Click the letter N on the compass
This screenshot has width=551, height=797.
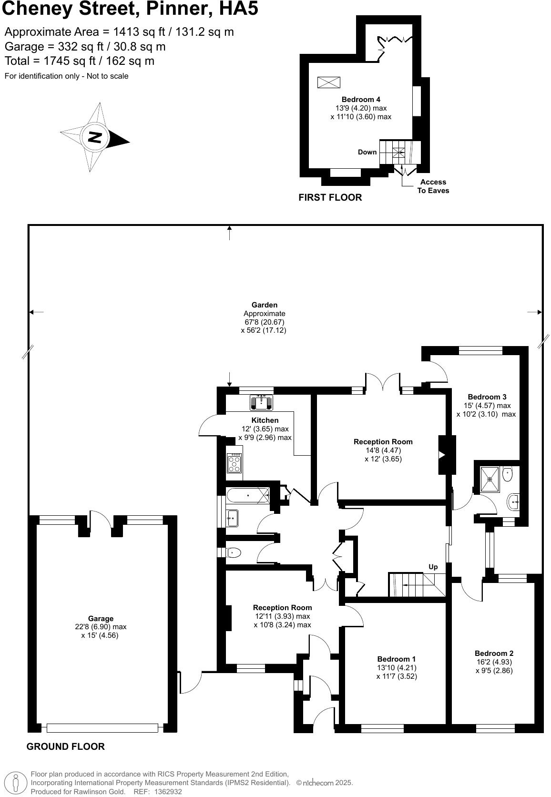pos(95,137)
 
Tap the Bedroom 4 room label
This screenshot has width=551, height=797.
pos(361,100)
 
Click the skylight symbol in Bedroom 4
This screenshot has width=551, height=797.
pos(329,82)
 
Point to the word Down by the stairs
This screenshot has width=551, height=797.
pos(367,153)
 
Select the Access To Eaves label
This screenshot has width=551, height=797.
pos(433,186)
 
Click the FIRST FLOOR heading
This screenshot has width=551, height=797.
pos(330,197)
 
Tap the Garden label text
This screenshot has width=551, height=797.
pos(265,305)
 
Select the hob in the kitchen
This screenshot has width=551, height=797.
pos(235,463)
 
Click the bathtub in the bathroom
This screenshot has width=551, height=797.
pos(247,496)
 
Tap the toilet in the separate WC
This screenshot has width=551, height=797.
pos(234,553)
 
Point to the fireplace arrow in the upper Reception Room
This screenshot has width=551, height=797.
pos(442,455)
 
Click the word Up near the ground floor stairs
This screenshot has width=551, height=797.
pos(433,567)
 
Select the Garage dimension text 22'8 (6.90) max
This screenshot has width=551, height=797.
pos(101,627)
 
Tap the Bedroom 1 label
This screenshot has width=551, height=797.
pos(396,659)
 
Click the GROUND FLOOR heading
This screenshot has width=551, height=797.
pos(65,746)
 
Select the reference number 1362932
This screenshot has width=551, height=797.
pos(165,792)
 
